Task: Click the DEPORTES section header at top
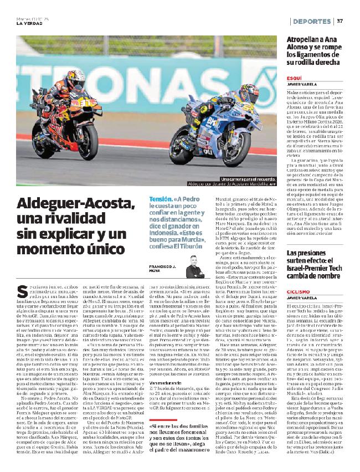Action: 311,21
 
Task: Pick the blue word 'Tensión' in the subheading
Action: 162,199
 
